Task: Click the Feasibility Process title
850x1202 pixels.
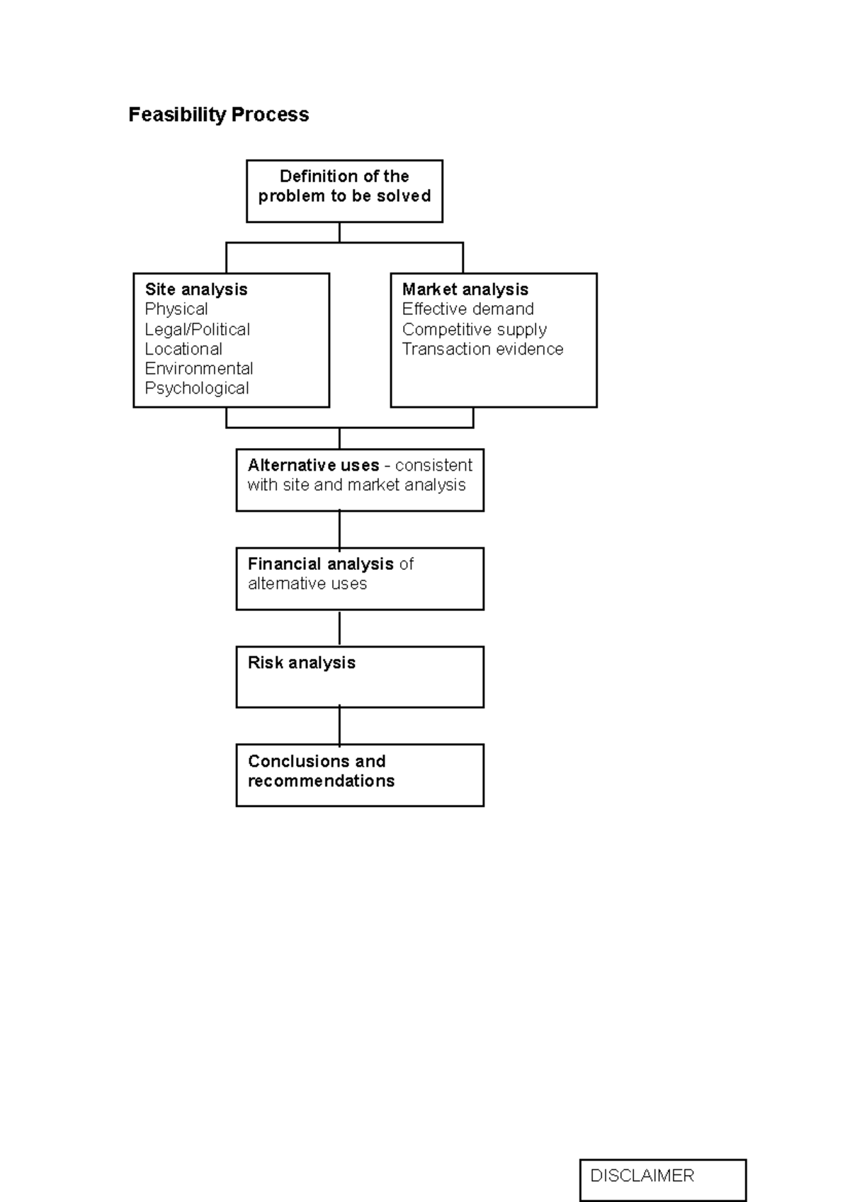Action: [x=218, y=115]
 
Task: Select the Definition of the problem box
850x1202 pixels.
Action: [x=344, y=190]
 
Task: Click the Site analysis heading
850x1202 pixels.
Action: [x=196, y=290]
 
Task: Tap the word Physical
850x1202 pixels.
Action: [x=176, y=309]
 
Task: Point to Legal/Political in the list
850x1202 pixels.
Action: [x=197, y=329]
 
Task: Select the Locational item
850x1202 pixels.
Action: [x=183, y=349]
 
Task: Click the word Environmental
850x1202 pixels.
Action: [x=198, y=369]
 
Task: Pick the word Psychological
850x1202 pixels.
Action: [x=197, y=389]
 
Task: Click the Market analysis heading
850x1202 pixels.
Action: [x=465, y=290]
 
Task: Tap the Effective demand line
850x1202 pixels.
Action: [x=467, y=309]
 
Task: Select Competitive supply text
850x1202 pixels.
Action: [x=474, y=329]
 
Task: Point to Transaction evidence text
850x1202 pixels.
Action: [x=482, y=349]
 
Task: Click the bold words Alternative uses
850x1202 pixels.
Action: [x=313, y=466]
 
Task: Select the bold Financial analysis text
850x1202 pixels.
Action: [x=320, y=564]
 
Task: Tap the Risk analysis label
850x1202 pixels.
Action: [x=301, y=663]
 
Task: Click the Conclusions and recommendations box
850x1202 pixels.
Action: [x=359, y=774]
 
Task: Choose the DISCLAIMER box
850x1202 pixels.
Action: [x=662, y=1179]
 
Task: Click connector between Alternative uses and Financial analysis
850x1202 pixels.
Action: [x=339, y=530]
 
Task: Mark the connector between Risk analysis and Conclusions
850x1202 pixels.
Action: [x=339, y=726]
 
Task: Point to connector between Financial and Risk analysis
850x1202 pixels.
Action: [x=339, y=628]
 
